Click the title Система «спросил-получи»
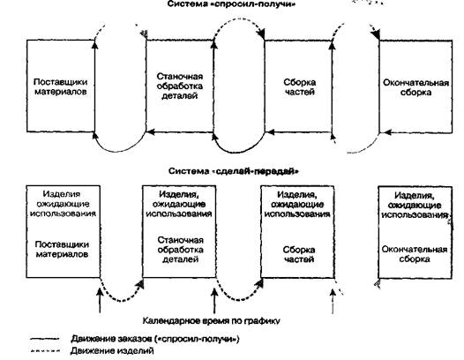pos(231,4)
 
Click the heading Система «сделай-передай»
pos(234,171)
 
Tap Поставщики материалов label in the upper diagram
pos(61,86)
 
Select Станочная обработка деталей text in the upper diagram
pos(180,86)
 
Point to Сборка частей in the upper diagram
pos(299,86)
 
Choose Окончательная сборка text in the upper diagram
pos(415,87)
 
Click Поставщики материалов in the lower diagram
pos(62,250)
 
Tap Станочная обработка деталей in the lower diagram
pos(180,250)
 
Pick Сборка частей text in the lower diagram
pos(298,254)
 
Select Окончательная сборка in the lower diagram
pos(415,254)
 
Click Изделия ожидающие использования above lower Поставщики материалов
pos(63,204)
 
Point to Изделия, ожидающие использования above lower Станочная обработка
pos(179,204)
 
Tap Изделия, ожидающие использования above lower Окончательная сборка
pos(415,205)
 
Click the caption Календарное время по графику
pos(212,321)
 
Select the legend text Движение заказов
pos(154,339)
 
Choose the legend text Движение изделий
pos(112,351)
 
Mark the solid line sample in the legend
pos(45,339)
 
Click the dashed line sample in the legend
pos(45,351)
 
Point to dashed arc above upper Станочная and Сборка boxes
pos(238,19)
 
